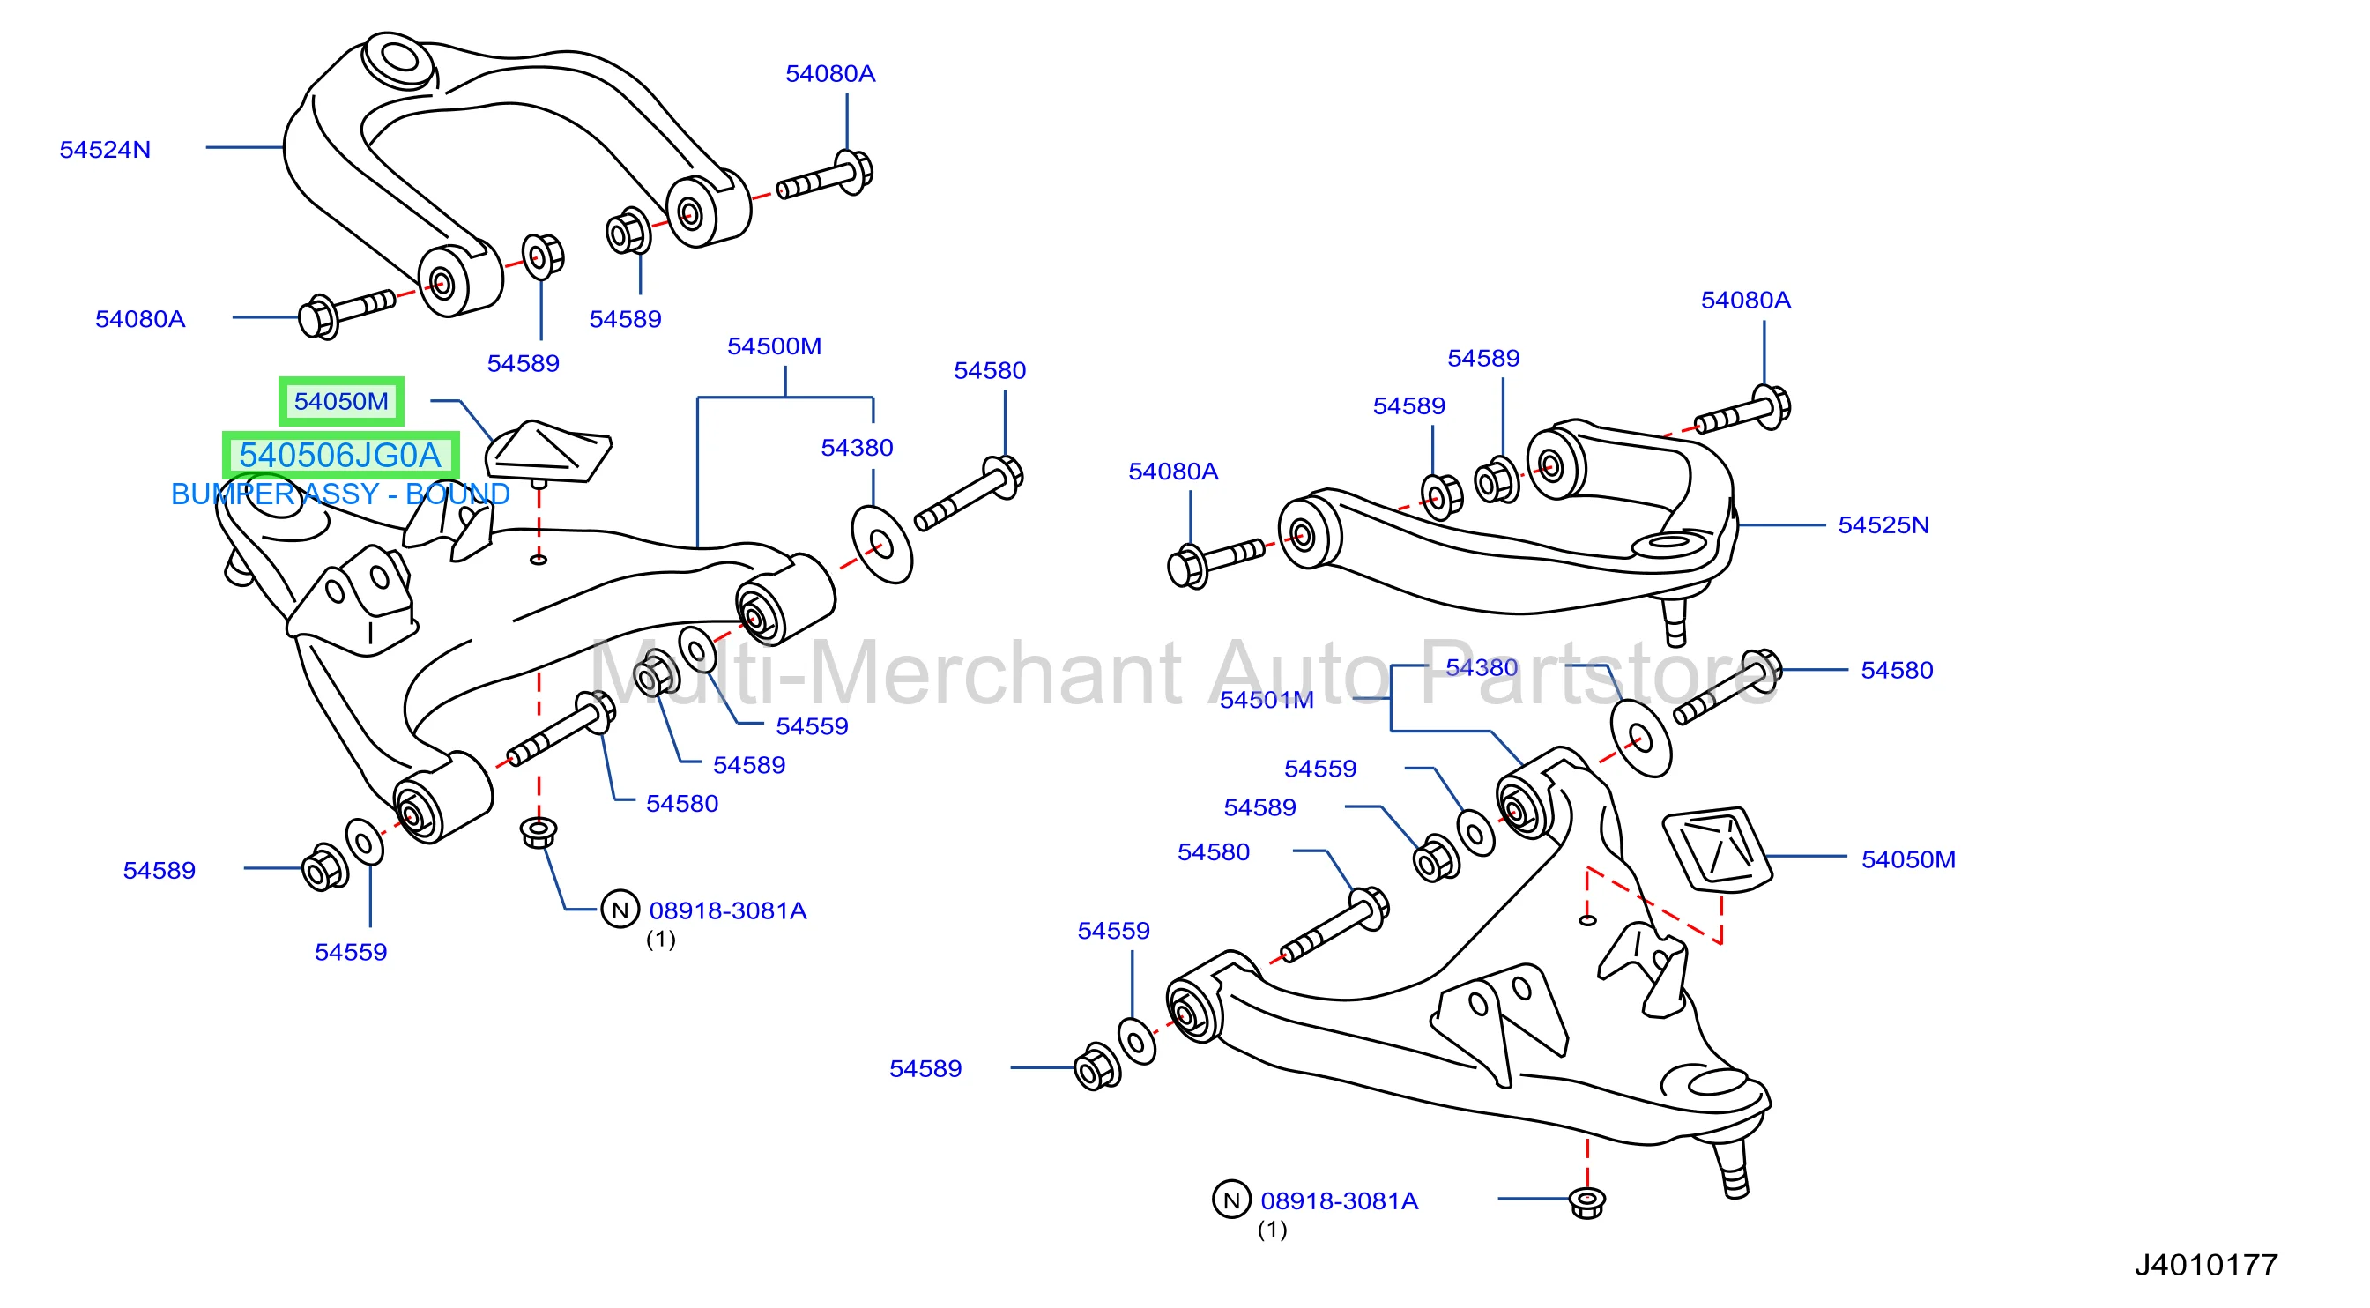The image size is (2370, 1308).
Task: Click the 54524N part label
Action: click(x=105, y=150)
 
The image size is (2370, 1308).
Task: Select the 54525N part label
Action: click(x=1883, y=525)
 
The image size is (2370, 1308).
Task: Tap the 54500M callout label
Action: click(x=774, y=346)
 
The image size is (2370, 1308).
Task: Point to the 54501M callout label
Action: click(x=1266, y=700)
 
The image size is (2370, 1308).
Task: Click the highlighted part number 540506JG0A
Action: click(x=340, y=456)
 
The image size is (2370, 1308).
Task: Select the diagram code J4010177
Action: click(x=2205, y=1266)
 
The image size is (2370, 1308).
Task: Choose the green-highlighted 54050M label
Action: click(x=341, y=402)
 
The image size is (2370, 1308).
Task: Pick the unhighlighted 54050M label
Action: click(x=1908, y=860)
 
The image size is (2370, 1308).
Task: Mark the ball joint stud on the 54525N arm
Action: click(x=1675, y=620)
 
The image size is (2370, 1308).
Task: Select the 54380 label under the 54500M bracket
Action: click(x=857, y=448)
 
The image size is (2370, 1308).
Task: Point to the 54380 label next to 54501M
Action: click(x=1482, y=668)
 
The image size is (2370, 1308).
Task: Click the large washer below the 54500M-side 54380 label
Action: click(x=881, y=545)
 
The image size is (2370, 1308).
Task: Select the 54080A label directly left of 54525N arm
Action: click(x=1173, y=472)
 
